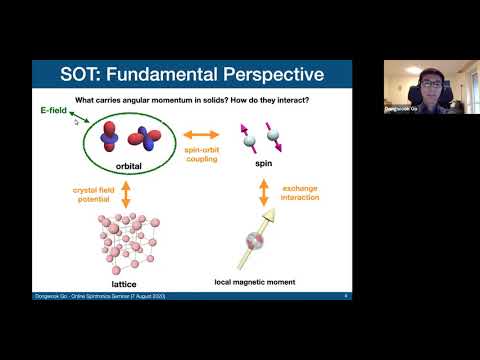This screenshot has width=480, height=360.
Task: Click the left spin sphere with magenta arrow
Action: pyautogui.click(x=247, y=140)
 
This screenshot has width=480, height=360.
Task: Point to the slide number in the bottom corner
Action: pyautogui.click(x=345, y=297)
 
